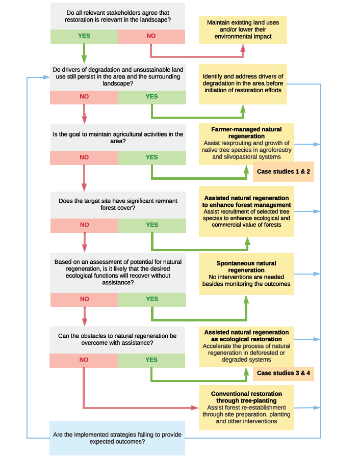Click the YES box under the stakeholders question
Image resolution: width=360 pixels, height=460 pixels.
pos(84,36)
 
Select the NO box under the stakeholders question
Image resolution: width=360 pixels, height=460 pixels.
pos(151,36)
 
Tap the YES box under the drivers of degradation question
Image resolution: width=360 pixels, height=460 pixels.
pos(151,97)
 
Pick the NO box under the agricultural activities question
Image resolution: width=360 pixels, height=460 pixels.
pos(84,157)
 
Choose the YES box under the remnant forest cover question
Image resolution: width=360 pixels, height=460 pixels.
pos(151,225)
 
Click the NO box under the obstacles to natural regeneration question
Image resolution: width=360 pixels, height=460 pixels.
pos(84,360)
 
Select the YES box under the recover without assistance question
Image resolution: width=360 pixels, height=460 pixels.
pos(151,299)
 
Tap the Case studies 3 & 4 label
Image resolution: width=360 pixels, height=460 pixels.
pos(284,373)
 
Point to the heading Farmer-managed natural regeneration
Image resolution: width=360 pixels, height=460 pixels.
pos(247,132)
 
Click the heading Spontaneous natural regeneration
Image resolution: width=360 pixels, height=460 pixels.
pos(247,266)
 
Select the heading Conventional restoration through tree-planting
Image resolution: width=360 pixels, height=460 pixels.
pos(247,397)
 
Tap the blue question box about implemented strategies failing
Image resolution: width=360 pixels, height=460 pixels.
pos(117,438)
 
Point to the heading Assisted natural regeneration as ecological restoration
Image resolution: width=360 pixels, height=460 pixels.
pos(247,335)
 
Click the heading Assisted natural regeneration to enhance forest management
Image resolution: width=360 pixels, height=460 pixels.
pos(247,201)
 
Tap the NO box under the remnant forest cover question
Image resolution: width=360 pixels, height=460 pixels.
pos(84,225)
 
